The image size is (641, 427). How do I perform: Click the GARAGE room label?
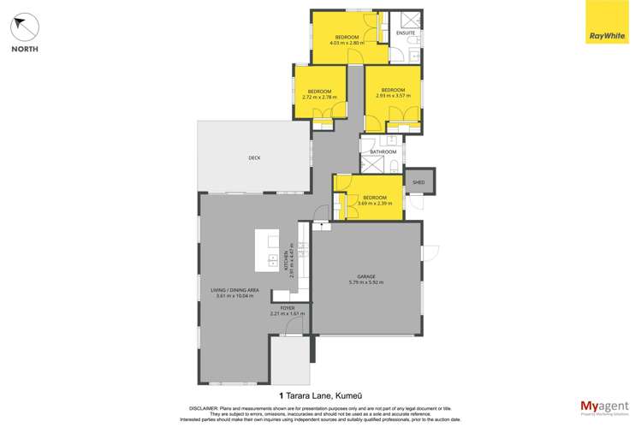click(366, 276)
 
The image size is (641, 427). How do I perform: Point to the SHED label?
click(419, 182)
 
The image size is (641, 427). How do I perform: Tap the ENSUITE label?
click(405, 33)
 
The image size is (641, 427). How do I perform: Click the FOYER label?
click(288, 306)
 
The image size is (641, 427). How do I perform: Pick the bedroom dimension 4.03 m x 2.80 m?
click(347, 42)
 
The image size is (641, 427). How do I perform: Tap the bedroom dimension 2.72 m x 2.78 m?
click(320, 97)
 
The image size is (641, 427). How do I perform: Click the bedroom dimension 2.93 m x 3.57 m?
click(393, 96)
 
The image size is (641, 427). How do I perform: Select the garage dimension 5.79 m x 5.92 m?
click(366, 282)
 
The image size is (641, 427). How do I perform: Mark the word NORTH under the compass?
click(24, 49)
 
